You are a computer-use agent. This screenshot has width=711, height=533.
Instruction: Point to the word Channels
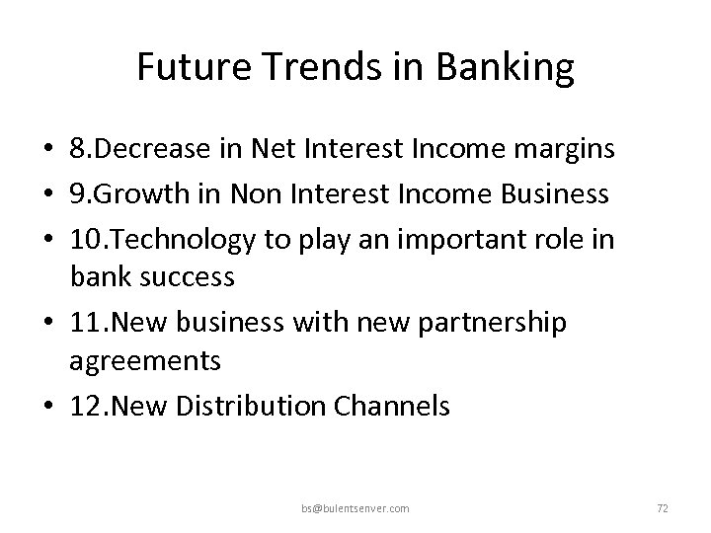point(396,406)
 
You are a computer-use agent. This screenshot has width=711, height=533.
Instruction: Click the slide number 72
point(663,508)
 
